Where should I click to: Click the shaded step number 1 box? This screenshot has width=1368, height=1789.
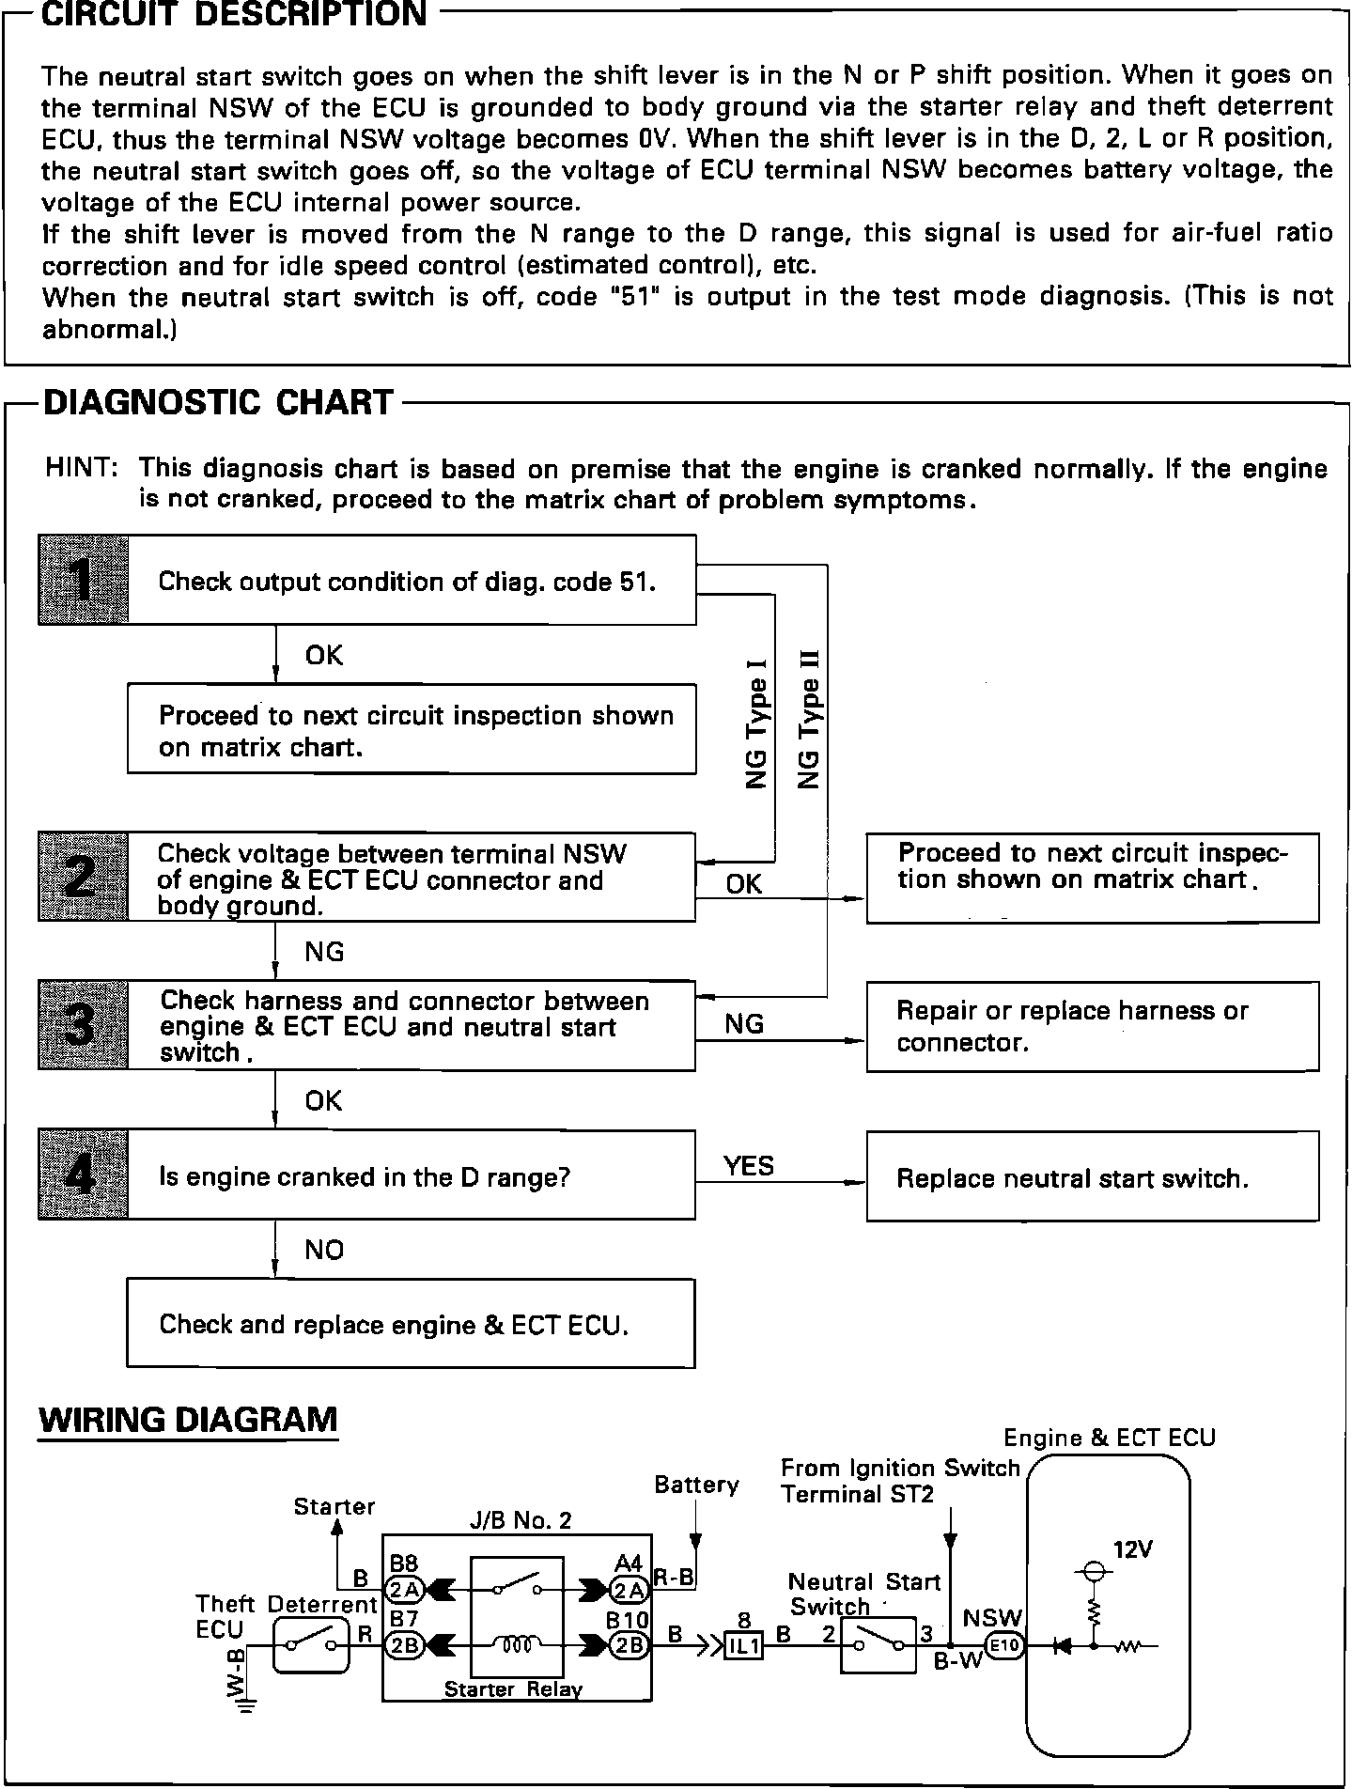click(x=83, y=580)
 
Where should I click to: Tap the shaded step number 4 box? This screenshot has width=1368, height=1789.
click(x=83, y=1175)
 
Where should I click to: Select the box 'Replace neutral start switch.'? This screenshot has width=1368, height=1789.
click(x=1092, y=1177)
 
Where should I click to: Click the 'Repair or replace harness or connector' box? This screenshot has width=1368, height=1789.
click(x=1092, y=1026)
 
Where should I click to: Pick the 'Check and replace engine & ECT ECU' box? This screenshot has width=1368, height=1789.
click(x=411, y=1323)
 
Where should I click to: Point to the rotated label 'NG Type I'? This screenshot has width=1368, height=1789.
click(x=758, y=722)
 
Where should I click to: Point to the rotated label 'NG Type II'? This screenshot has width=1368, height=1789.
click(x=809, y=719)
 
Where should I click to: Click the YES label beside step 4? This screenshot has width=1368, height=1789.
click(x=749, y=1166)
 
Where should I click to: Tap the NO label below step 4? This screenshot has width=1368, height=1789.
click(x=324, y=1250)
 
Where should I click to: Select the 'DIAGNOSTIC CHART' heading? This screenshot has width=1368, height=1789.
click(x=219, y=403)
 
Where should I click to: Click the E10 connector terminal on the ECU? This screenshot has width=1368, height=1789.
click(x=1004, y=1645)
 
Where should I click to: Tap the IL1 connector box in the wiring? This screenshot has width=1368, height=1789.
click(x=743, y=1646)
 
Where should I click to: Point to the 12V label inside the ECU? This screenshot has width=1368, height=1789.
click(x=1132, y=1549)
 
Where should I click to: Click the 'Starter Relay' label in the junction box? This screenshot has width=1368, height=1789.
click(x=513, y=1689)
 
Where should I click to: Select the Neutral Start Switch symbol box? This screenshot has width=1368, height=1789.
click(x=878, y=1645)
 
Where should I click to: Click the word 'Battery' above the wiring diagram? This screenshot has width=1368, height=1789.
click(x=696, y=1485)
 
